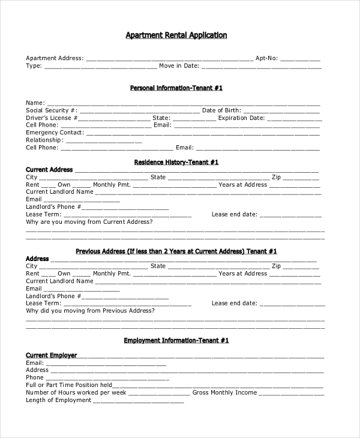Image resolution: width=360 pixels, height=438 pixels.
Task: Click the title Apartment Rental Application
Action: click(176, 35)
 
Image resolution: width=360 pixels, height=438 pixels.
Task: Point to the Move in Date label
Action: click(179, 66)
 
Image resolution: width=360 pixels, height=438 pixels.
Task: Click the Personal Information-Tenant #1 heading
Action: click(176, 88)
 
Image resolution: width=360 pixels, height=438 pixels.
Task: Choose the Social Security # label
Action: click(52, 110)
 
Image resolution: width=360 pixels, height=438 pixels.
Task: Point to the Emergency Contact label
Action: click(55, 133)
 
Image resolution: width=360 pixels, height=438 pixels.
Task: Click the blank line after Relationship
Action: click(103, 140)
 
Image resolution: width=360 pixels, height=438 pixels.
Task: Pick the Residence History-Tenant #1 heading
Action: click(176, 162)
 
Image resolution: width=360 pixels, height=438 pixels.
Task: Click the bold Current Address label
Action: click(49, 170)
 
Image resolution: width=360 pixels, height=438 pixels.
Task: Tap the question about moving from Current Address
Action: click(89, 221)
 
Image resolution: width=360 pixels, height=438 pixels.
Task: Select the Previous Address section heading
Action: click(176, 251)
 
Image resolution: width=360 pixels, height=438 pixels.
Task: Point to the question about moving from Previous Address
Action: click(90, 310)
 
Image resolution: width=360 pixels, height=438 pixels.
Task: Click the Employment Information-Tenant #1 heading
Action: click(176, 340)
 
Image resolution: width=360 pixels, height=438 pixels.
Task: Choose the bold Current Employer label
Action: click(51, 355)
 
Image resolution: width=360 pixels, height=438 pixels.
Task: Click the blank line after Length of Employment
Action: click(138, 400)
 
